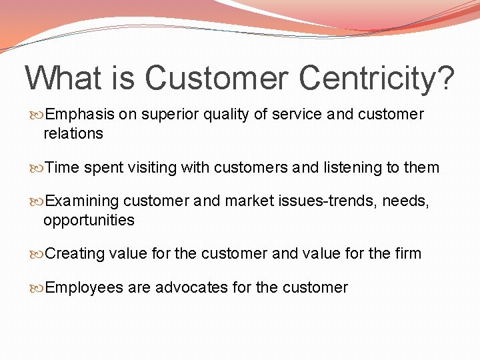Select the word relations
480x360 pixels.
(73, 133)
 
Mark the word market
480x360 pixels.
(249, 201)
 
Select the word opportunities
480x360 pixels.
(89, 220)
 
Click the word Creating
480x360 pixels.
(75, 254)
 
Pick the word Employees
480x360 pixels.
(85, 288)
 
